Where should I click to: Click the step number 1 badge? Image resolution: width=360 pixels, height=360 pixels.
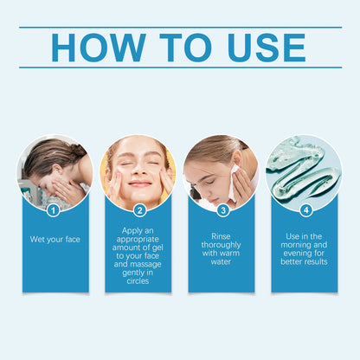54,209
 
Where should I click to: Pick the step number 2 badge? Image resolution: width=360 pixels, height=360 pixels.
139,209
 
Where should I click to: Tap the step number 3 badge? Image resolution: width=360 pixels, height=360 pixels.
222,209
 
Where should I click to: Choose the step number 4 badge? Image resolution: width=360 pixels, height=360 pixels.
305,209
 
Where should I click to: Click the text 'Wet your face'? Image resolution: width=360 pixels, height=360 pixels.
55,239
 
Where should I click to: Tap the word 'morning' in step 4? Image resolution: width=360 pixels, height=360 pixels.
305,244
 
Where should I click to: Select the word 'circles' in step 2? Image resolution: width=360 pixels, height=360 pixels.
138,280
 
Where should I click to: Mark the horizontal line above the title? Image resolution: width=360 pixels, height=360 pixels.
180,27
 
